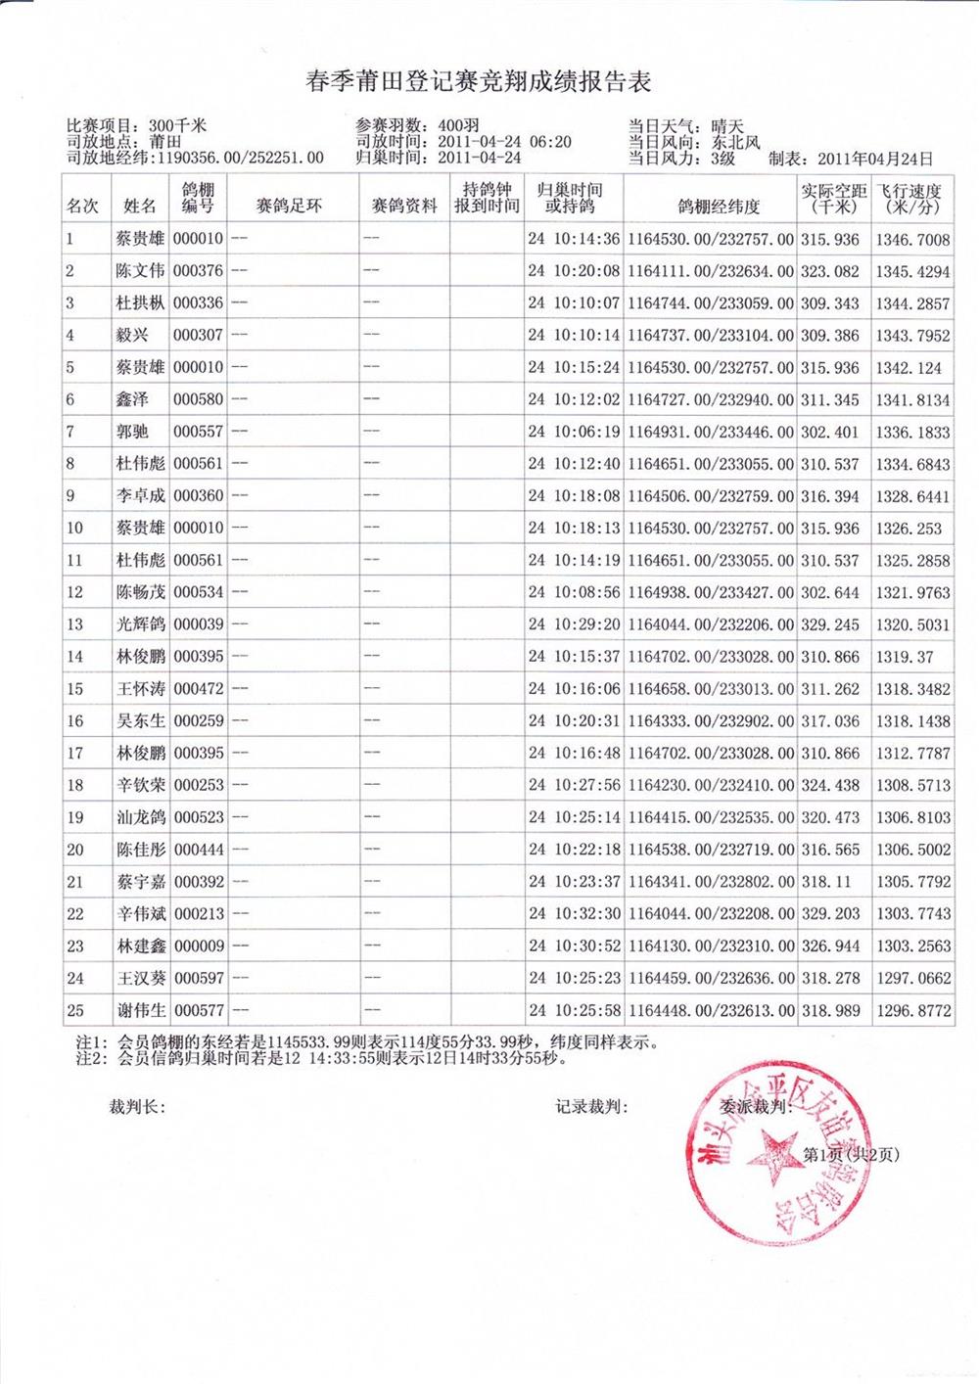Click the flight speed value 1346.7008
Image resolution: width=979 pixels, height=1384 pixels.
912,239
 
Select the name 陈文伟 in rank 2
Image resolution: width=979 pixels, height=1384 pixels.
140,271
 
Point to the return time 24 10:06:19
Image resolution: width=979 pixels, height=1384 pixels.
574,432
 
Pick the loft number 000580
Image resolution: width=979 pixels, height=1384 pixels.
198,399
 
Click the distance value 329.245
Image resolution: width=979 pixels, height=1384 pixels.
830,624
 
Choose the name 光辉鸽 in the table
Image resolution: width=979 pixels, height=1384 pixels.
140,624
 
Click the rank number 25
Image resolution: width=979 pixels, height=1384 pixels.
75,1010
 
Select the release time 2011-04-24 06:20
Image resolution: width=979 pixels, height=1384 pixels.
504,142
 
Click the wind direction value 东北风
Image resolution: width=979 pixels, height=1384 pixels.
736,142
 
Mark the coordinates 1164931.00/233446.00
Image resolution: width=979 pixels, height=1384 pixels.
711,432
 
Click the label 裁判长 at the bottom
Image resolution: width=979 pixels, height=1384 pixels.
136,1107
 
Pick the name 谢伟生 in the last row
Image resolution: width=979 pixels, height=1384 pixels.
140,1010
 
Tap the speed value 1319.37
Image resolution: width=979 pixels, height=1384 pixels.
905,657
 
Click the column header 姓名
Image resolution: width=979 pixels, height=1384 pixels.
140,207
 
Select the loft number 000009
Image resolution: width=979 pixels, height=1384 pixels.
198,946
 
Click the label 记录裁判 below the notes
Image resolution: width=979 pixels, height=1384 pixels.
590,1107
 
